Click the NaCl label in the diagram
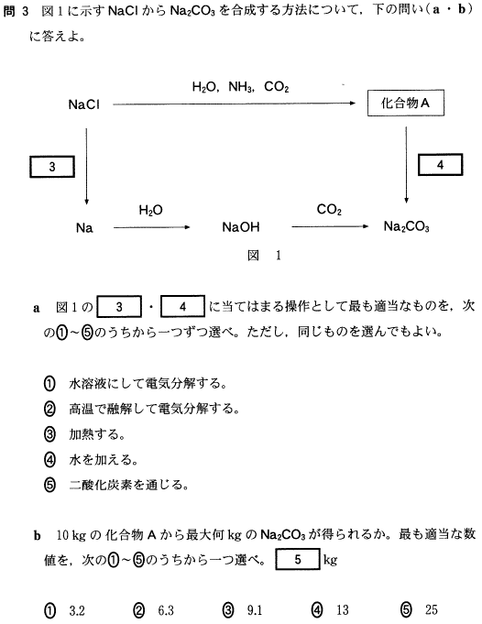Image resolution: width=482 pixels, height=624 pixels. [x=83, y=104]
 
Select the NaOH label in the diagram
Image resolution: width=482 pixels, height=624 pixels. [x=241, y=227]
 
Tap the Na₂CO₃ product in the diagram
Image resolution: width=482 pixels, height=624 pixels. [x=406, y=227]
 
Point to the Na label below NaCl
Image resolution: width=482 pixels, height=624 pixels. [x=84, y=228]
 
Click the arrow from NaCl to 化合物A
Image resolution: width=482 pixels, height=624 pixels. [x=234, y=104]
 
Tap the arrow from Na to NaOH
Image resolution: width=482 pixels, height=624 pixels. [x=151, y=227]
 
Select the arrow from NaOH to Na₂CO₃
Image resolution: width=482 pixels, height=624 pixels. [x=330, y=227]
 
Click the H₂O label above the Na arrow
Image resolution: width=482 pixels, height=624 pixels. [x=151, y=210]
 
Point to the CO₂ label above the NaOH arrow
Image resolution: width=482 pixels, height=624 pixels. [x=329, y=209]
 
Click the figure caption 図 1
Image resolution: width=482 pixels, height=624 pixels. [x=264, y=255]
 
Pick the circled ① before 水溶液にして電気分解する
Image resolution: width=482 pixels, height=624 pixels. [x=49, y=384]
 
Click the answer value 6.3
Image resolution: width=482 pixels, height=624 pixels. [x=166, y=610]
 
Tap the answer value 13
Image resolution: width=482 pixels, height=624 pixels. [x=343, y=610]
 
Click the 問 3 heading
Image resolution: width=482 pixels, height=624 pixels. [x=16, y=11]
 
